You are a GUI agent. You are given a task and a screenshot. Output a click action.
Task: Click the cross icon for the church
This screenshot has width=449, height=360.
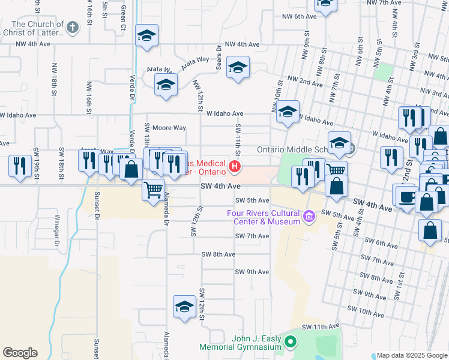click(x=72, y=27)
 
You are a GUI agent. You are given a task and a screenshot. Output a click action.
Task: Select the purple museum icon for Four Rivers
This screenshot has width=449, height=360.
click(x=309, y=215)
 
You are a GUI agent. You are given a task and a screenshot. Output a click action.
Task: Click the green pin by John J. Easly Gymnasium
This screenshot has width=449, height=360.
click(x=291, y=343)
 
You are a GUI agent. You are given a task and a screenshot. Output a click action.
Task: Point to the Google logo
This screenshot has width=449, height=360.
click(x=20, y=353)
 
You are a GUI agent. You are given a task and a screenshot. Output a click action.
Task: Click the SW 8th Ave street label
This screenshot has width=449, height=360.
click(x=218, y=254)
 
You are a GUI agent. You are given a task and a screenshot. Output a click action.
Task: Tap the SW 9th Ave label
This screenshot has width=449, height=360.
click(x=252, y=272)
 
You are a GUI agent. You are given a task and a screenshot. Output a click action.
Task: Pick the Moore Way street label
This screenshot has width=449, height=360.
click(x=169, y=128)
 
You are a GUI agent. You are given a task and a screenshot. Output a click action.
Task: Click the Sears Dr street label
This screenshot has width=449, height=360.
click(x=219, y=56)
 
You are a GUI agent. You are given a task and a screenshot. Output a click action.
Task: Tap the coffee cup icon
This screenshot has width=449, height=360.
click(x=406, y=197)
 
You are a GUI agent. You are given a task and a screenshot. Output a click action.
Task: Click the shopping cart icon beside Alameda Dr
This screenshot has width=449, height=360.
click(x=154, y=190)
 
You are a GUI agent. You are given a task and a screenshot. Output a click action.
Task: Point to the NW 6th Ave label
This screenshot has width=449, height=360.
click(x=299, y=17)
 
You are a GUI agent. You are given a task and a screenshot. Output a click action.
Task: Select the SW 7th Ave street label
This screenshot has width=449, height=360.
click(x=252, y=236)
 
